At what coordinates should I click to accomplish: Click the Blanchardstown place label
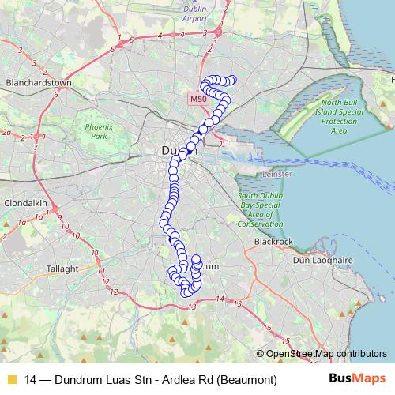pyautogui.click(x=39, y=81)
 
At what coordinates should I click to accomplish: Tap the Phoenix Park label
pyautogui.click(x=100, y=131)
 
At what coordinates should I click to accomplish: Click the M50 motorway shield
pyautogui.click(x=197, y=100)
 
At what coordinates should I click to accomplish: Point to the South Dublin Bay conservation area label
pyautogui.click(x=261, y=208)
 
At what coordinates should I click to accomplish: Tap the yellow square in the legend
pyautogui.click(x=10, y=380)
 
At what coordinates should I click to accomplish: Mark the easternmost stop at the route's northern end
pyautogui.click(x=232, y=79)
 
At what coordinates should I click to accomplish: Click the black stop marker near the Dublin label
pyautogui.click(x=190, y=145)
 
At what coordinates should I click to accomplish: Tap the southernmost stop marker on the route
pyautogui.click(x=188, y=293)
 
